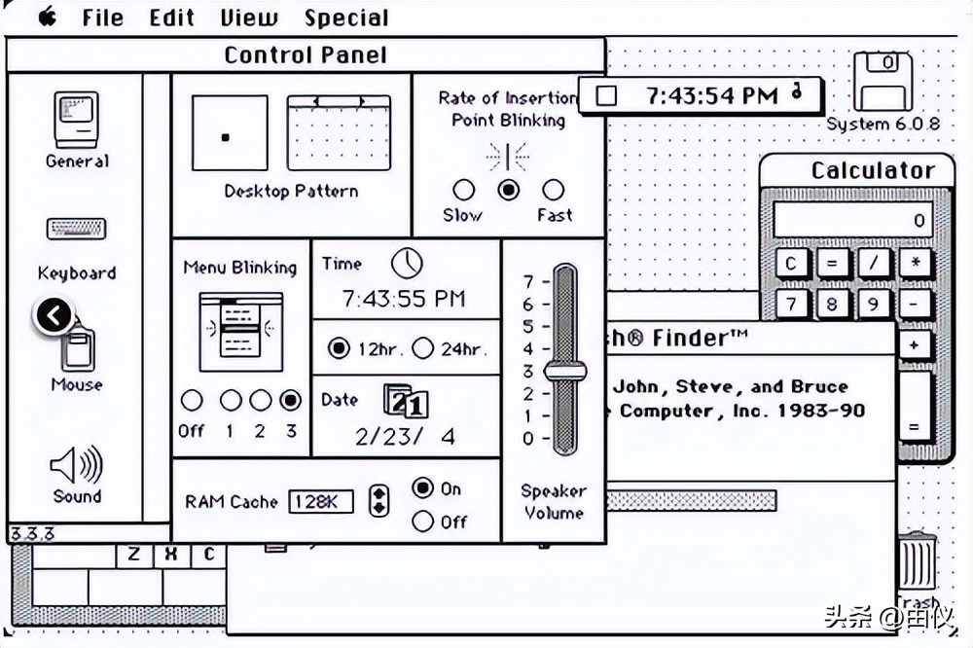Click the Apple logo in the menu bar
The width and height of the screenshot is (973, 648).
(47, 17)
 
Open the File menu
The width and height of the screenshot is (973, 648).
(102, 18)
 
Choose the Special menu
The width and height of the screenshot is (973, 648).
(345, 18)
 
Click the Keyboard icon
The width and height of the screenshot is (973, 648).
(77, 230)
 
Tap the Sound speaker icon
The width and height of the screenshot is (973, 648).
(77, 466)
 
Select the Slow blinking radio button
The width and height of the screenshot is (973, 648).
(464, 190)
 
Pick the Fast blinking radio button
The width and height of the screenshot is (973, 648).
(553, 190)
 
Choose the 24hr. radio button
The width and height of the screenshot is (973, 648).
(423, 348)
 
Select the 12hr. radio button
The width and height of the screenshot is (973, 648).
(339, 348)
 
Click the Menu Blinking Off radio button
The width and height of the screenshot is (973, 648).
(192, 400)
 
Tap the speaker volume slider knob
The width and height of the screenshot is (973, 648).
(564, 371)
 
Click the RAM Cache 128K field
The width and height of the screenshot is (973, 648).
(321, 501)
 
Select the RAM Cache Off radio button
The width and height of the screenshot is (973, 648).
(422, 522)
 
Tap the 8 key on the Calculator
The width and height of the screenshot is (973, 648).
(831, 305)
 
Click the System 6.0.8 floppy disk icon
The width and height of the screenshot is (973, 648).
(883, 82)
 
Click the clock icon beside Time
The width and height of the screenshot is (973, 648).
(407, 263)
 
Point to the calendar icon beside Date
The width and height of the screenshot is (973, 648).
(405, 401)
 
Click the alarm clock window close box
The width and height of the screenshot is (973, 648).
(607, 94)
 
